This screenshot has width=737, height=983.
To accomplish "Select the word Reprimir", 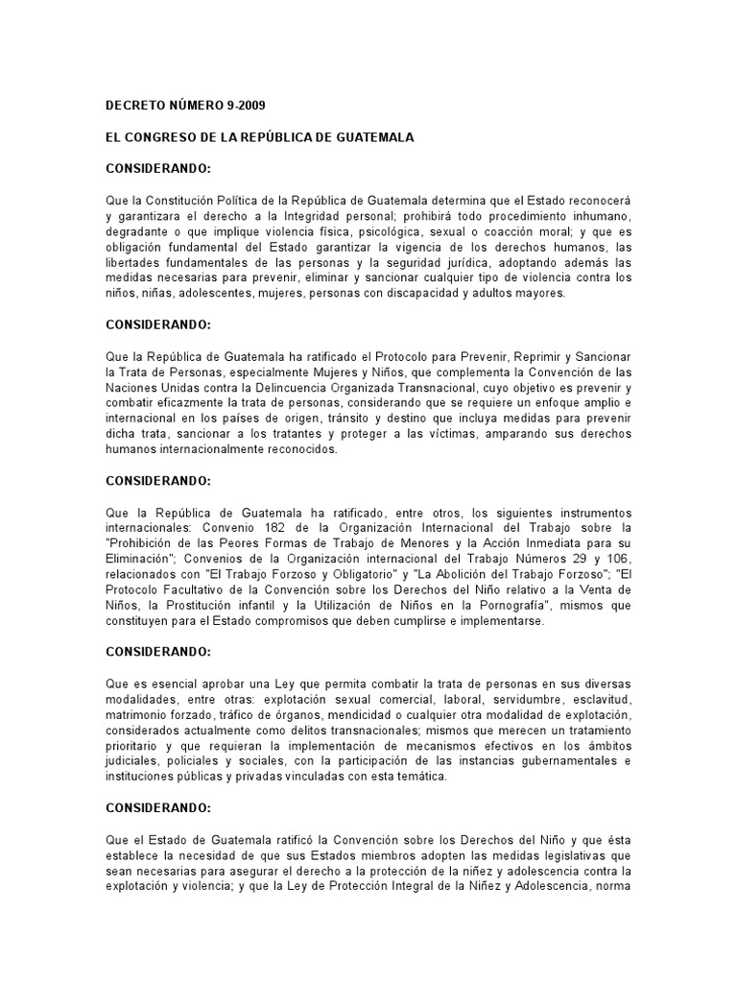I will pos(528,356).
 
